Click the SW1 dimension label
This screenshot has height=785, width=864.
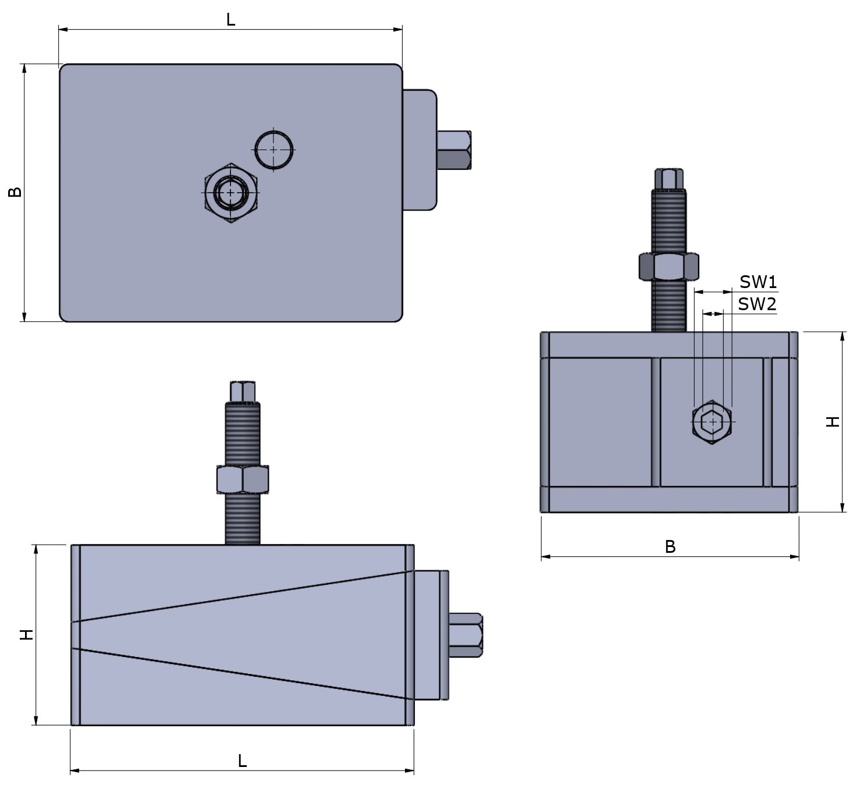click(x=758, y=282)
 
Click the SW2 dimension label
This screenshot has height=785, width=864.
click(x=757, y=304)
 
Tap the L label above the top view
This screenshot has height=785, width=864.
click(x=230, y=20)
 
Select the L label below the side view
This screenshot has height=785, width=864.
click(x=242, y=761)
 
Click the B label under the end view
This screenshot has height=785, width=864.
click(x=670, y=547)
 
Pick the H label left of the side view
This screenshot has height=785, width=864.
click(x=27, y=635)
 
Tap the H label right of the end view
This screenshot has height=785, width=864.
click(x=833, y=422)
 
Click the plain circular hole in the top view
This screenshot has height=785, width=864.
click(x=274, y=149)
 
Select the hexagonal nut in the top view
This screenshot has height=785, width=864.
click(x=231, y=193)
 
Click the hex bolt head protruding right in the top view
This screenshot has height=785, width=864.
click(x=454, y=150)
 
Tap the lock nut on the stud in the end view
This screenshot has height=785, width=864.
click(x=668, y=267)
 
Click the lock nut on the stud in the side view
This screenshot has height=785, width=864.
click(x=242, y=479)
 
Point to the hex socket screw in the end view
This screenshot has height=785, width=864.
click(x=712, y=422)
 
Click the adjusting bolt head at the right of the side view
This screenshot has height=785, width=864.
click(x=466, y=635)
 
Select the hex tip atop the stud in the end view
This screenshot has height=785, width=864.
click(x=669, y=179)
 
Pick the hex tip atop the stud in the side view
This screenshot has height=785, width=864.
click(x=243, y=391)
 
